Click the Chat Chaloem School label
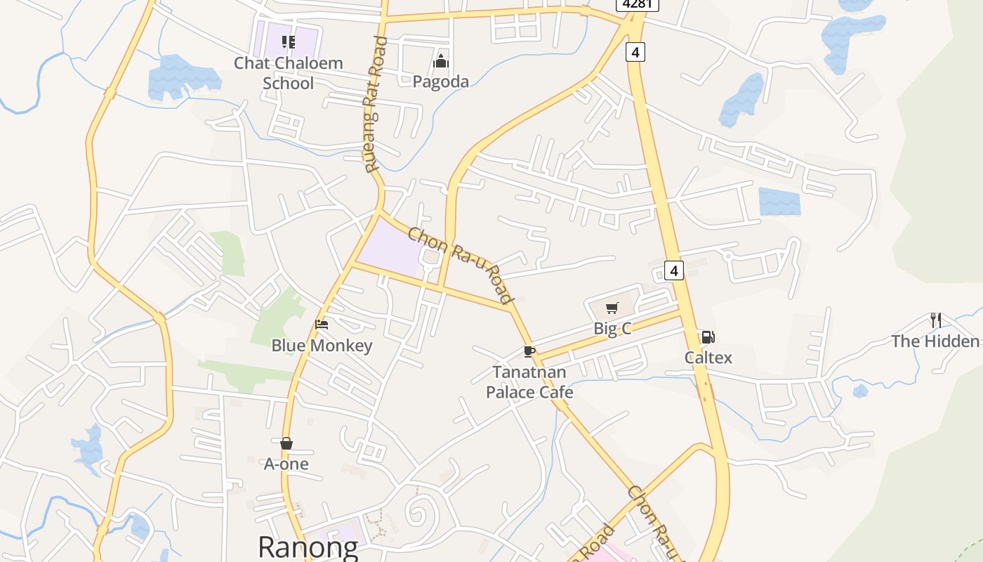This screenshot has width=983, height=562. [x=288, y=73]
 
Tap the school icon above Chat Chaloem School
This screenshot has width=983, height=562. [x=288, y=42]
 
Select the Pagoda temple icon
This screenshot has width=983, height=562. [x=440, y=62]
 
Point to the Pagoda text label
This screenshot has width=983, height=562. [x=440, y=82]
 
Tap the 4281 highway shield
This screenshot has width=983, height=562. [x=637, y=4]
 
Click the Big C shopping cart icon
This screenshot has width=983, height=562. [x=612, y=308]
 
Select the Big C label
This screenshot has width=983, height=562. [x=612, y=328]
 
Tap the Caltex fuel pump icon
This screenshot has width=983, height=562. [x=708, y=337]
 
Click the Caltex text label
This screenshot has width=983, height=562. [x=708, y=358]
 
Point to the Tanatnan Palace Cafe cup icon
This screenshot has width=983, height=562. [x=529, y=351]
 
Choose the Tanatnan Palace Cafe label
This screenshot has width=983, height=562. [x=529, y=381]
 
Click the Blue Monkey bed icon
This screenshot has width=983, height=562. [x=322, y=325]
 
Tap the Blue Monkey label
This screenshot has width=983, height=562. [x=322, y=346]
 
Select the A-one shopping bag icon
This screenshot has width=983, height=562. [x=286, y=443]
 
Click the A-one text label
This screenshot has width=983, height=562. [x=286, y=464]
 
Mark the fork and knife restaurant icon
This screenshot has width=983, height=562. [x=935, y=320]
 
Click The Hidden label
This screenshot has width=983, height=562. [x=935, y=341]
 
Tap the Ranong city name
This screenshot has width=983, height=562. [x=308, y=547]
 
